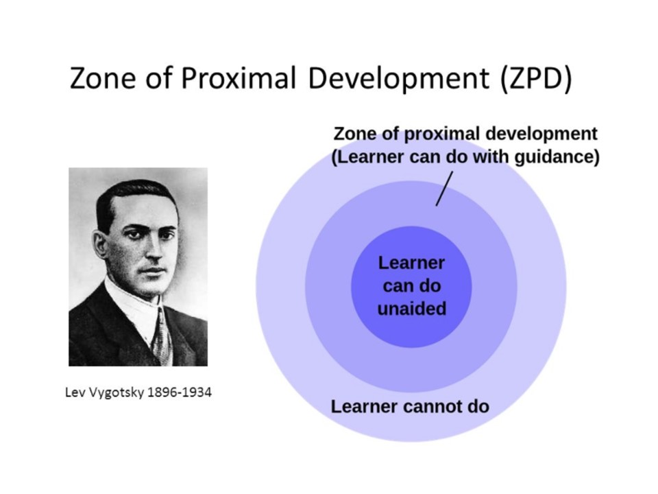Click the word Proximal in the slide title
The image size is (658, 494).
tap(239, 78)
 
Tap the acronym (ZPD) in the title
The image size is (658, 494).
tap(536, 78)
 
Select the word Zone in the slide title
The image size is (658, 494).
tap(103, 78)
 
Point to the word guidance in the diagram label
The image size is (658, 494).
tap(556, 157)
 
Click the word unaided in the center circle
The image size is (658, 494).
tap(412, 309)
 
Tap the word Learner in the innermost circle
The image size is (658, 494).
tap(411, 263)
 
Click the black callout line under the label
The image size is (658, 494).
tap(444, 188)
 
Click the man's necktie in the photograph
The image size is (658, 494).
tap(162, 336)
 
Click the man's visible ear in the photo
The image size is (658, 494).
tap(100, 250)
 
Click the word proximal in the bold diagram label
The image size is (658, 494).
tap(440, 134)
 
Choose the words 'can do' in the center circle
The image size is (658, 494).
tap(412, 286)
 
